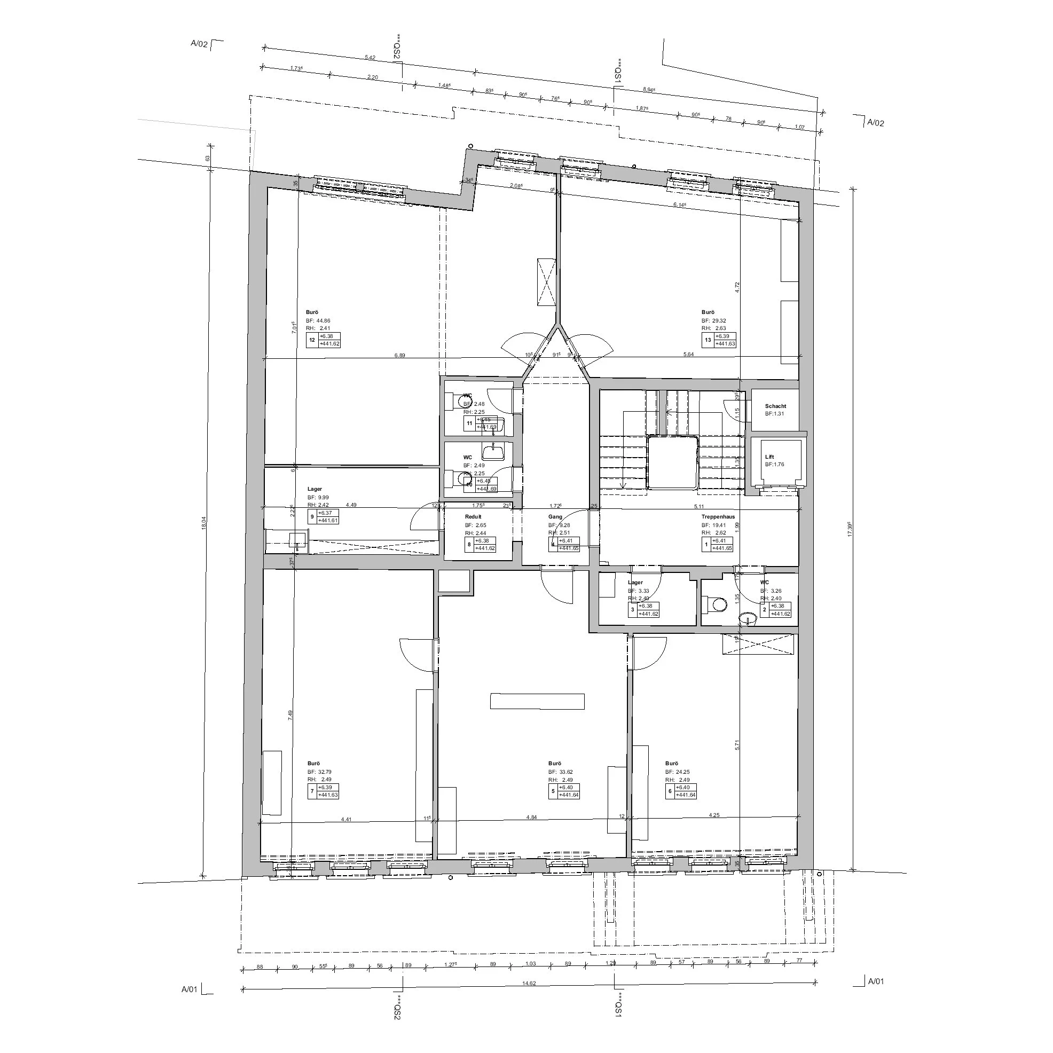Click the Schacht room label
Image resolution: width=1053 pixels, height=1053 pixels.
point(775,406)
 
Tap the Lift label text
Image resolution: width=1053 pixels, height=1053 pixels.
point(769,457)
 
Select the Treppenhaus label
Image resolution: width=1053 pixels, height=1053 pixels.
point(718,517)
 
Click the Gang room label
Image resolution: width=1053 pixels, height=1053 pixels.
point(555,517)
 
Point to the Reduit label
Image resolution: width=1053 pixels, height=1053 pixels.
point(473,517)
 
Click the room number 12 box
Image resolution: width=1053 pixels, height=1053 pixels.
point(312,340)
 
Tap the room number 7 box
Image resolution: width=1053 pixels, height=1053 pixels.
point(312,791)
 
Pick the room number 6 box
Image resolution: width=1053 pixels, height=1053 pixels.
point(670,791)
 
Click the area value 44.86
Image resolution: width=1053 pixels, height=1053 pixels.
point(323,321)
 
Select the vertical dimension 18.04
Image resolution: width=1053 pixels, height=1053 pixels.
point(205,523)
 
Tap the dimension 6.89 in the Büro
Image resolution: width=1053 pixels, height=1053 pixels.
point(399,355)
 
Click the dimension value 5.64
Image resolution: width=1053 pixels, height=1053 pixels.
point(688,355)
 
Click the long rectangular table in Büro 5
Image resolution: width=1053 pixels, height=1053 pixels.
point(537,701)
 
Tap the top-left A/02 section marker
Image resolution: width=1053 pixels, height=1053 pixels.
point(200,44)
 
